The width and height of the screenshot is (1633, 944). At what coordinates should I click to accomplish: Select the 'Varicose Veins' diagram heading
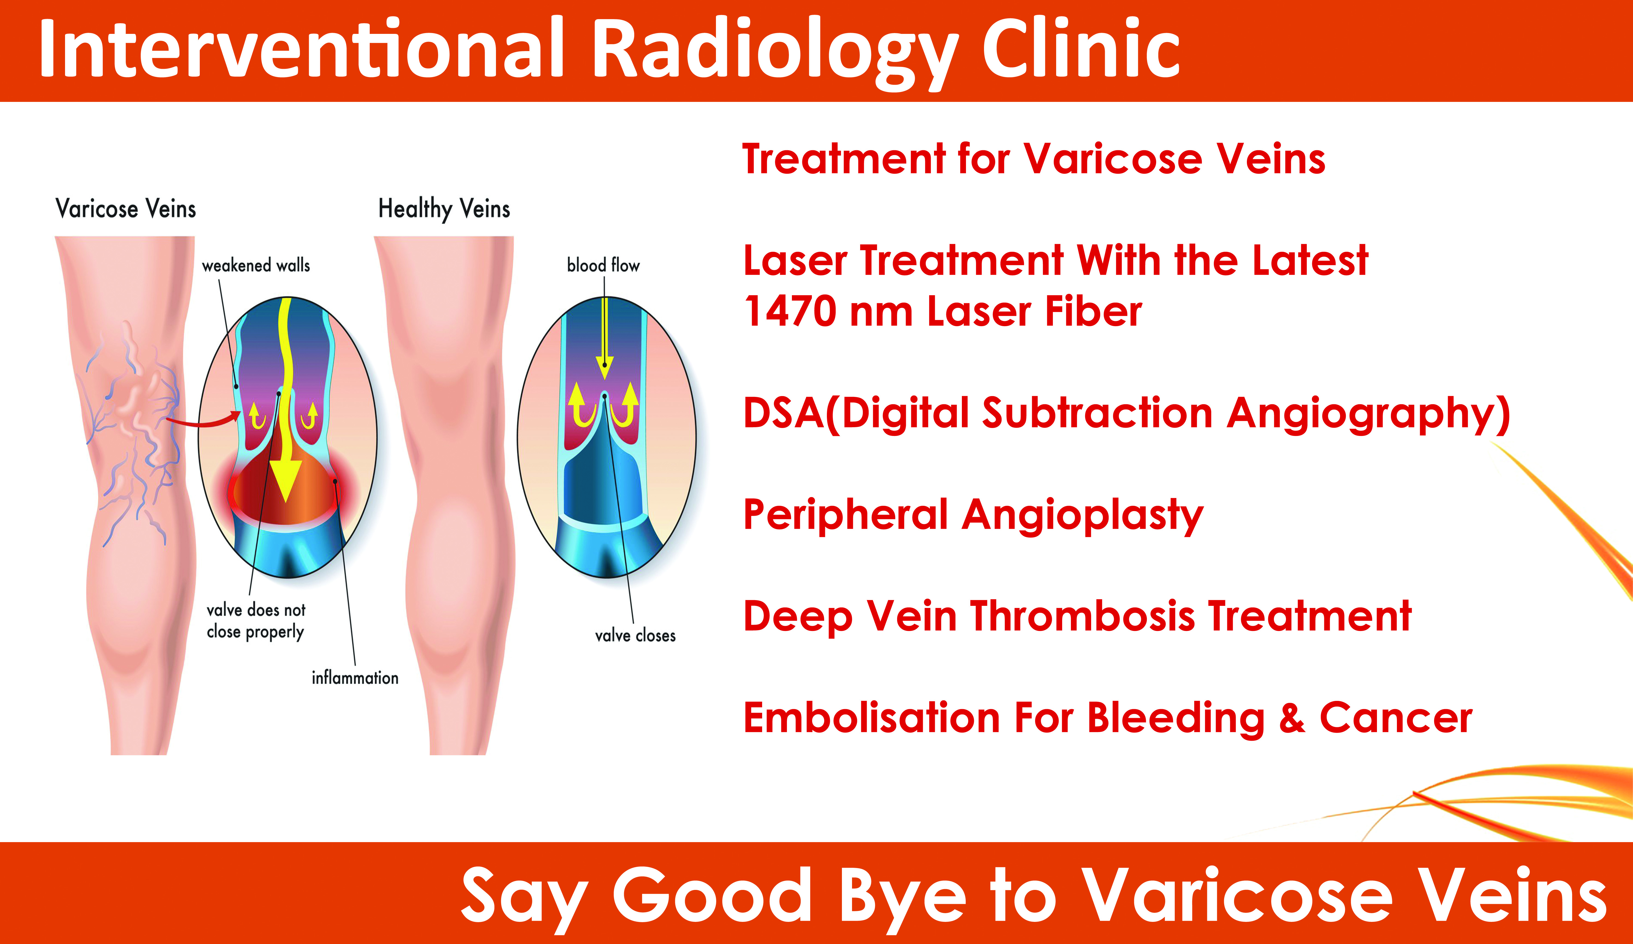point(126,209)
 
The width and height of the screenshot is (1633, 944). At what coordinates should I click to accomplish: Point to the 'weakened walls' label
point(256,265)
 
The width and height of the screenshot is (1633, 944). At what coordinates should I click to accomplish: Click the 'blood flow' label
point(603,265)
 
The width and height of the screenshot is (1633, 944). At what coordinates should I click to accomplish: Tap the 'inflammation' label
point(355,678)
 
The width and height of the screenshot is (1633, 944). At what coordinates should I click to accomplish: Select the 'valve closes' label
point(635,635)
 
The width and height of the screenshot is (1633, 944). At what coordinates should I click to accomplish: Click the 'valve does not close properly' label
point(256,621)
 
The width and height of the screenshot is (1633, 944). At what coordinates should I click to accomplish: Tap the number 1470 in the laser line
point(791,312)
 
